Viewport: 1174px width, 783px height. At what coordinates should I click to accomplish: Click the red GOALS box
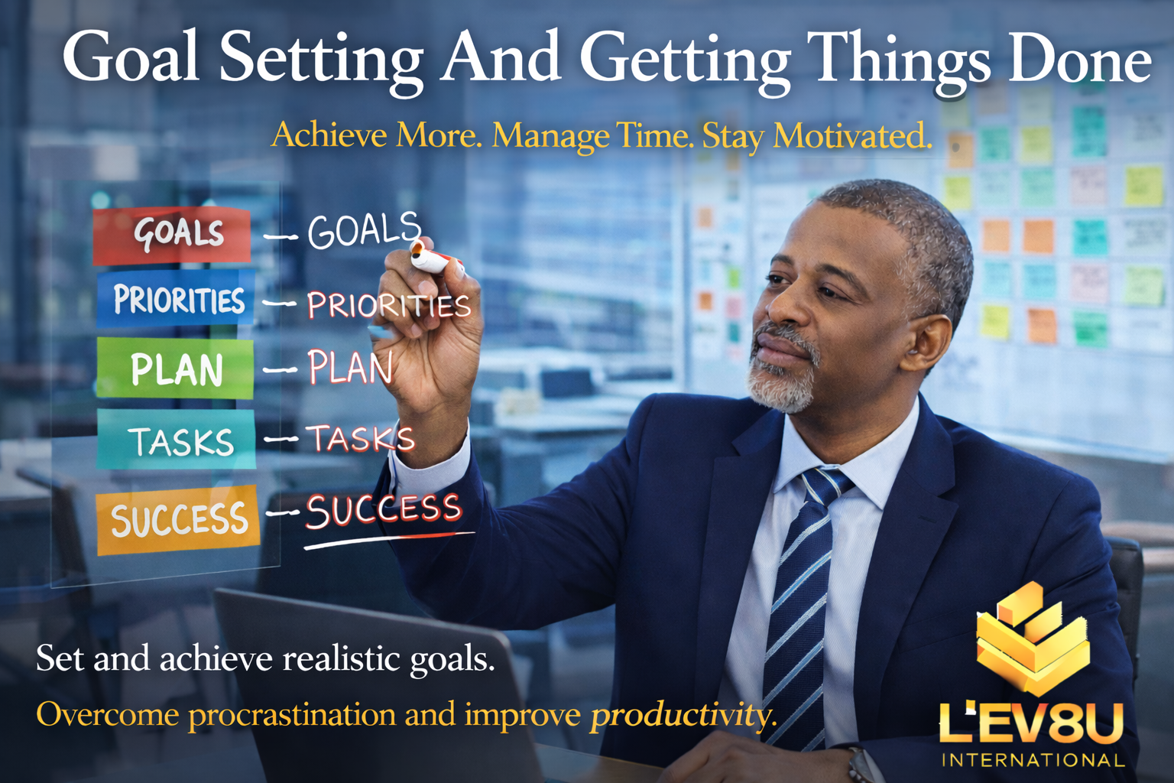171,235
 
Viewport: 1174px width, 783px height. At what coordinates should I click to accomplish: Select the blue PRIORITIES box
176,298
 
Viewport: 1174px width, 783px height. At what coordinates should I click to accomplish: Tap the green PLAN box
175,368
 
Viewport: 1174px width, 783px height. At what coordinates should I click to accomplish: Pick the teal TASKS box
177,440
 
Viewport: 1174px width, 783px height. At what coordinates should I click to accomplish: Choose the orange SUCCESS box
178,519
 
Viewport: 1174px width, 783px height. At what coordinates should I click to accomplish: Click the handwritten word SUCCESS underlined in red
384,510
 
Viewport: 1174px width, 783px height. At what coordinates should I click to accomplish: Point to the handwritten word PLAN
349,367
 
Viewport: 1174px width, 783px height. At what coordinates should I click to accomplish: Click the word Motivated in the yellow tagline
853,135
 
